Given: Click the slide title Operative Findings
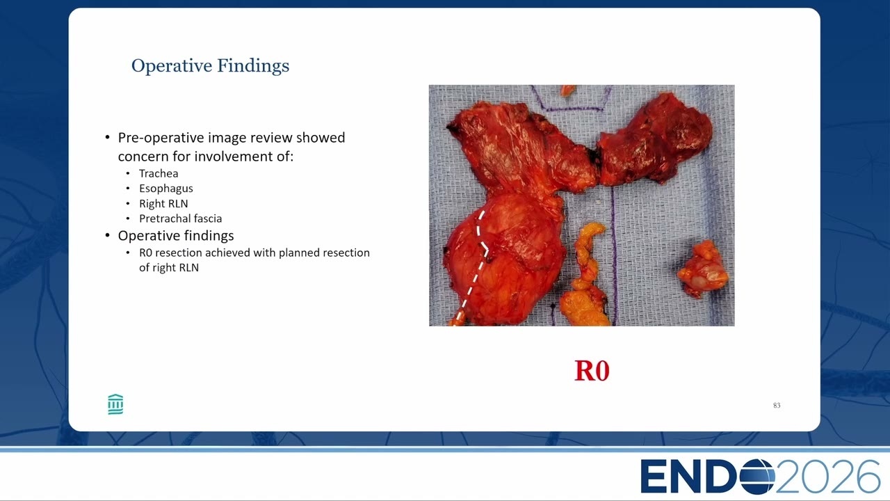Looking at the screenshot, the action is (x=210, y=66).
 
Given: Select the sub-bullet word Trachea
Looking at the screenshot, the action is (x=159, y=173).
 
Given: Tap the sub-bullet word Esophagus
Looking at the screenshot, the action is (x=166, y=189).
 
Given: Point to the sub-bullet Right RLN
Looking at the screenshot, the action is (x=163, y=204).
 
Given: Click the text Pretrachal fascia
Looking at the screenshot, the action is (x=180, y=218).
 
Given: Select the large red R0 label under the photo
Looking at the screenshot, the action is (x=592, y=371).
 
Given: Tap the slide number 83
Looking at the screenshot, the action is (x=777, y=405).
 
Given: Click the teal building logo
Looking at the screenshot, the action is (x=115, y=404).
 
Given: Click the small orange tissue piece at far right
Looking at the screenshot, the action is (x=702, y=269).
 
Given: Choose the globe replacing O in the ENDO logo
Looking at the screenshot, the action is (x=756, y=477).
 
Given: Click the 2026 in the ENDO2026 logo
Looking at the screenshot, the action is (x=827, y=477).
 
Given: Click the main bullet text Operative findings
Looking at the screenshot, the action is (x=176, y=236).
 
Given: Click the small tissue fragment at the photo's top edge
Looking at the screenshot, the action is (x=568, y=90).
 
